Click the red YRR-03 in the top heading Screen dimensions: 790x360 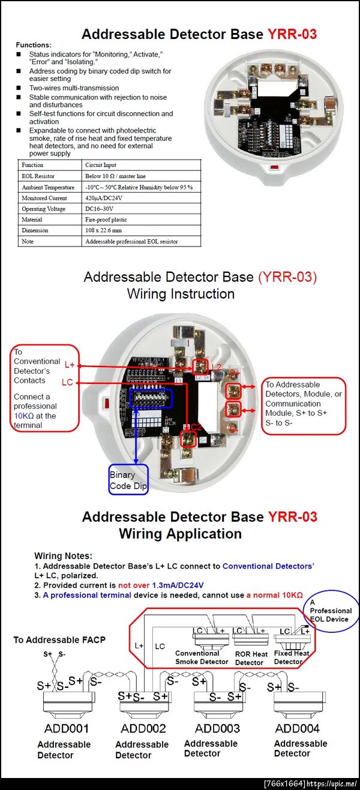click(x=292, y=34)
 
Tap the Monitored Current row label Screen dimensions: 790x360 click(x=44, y=198)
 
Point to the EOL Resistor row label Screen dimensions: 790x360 click(x=38, y=176)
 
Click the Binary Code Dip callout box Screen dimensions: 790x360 click(x=128, y=480)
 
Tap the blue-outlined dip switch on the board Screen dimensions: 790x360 click(x=146, y=399)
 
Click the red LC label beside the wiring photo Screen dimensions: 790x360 click(x=67, y=382)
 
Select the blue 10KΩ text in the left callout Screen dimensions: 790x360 click(x=24, y=415)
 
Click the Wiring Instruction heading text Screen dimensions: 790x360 click(x=181, y=294)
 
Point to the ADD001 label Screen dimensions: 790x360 click(x=66, y=728)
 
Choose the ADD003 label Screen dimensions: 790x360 click(x=217, y=728)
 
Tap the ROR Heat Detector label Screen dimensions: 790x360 click(x=251, y=658)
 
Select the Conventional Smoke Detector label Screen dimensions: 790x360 click(x=202, y=657)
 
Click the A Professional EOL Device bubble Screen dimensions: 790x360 click(x=330, y=611)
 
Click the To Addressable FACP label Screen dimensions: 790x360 click(x=59, y=640)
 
